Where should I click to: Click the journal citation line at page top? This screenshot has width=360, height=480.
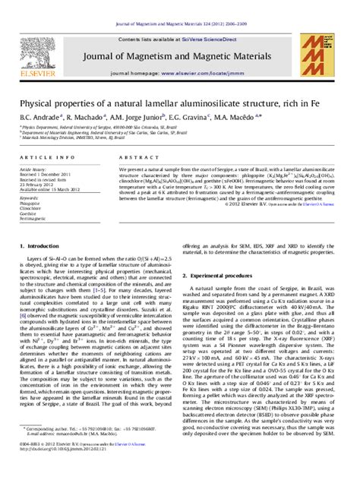tap(179, 5)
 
